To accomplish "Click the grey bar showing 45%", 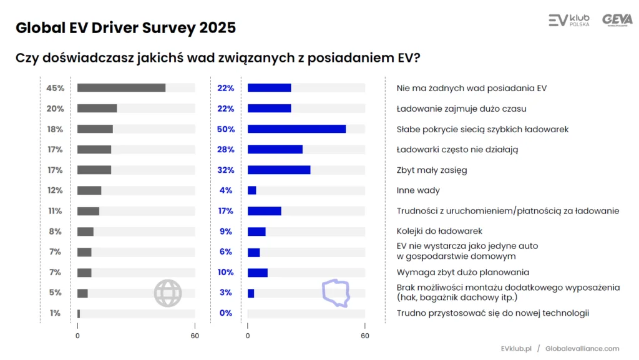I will click(121, 88).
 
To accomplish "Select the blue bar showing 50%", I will click(296, 129).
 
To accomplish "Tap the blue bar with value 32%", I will click(279, 170).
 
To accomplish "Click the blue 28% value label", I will click(225, 150).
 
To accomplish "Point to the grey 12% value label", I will click(55, 190).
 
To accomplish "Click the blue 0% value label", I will click(225, 313).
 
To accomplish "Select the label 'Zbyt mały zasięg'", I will click(432, 170).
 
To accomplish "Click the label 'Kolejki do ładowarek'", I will click(439, 231).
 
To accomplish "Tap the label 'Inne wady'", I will click(418, 190).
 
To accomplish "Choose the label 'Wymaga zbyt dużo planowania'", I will click(463, 272).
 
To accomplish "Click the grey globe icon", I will click(168, 293).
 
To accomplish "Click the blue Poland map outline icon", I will click(336, 293).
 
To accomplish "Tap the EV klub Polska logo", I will click(568, 21).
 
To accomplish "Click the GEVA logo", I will click(617, 20).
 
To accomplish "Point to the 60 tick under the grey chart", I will click(195, 336).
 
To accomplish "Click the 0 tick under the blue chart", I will click(248, 336).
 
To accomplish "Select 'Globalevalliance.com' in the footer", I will click(582, 349).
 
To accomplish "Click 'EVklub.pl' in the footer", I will click(515, 349).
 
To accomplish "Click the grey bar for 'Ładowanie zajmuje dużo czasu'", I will click(97, 109).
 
